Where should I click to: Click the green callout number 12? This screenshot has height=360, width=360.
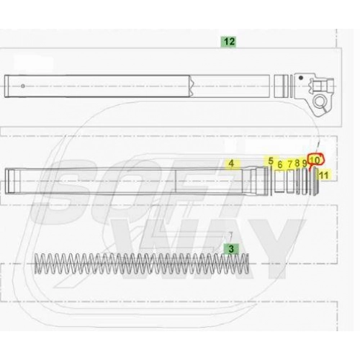pos(229,42)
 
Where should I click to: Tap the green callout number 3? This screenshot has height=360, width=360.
pos(231,249)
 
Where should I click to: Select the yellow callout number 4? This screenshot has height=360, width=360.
pos(231,163)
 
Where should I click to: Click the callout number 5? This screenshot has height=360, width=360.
pos(271,161)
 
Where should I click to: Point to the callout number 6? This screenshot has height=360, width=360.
pos(280,165)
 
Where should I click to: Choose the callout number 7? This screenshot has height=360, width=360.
pos(290,164)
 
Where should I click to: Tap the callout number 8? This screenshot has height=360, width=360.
pos(297,163)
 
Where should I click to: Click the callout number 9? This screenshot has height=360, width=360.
pos(305,164)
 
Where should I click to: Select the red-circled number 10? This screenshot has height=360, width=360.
pos(315,160)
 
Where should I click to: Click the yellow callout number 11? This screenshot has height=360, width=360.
pos(324,175)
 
